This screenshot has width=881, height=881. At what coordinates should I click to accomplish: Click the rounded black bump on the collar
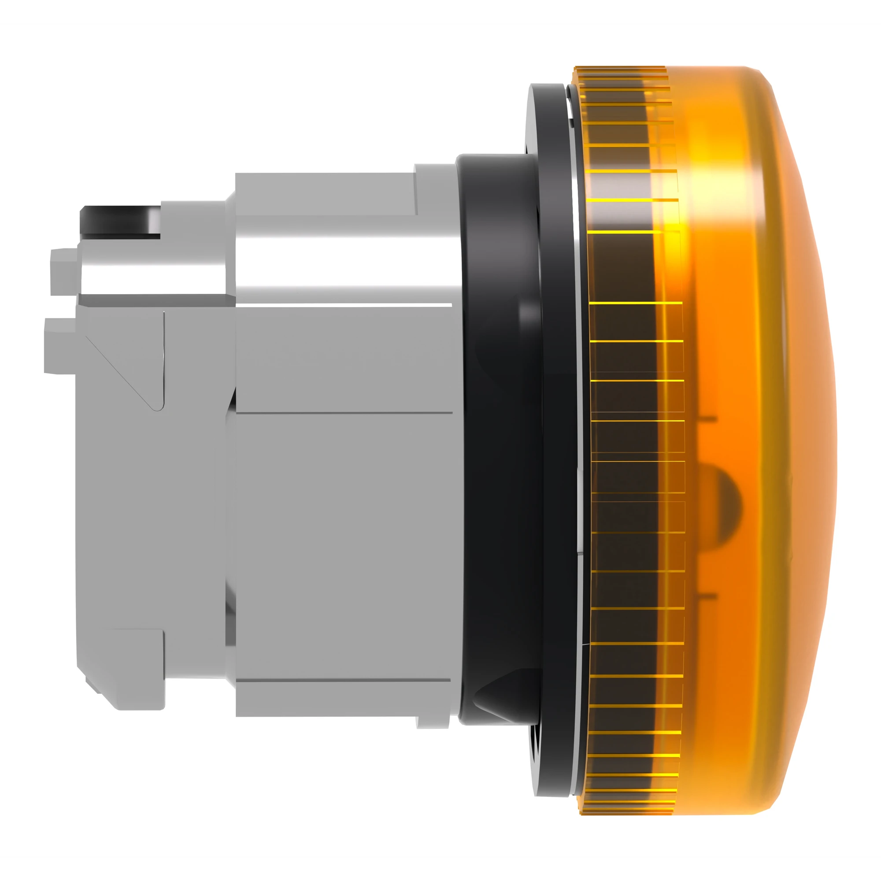point(529,315)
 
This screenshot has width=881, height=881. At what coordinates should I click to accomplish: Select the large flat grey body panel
point(342,547)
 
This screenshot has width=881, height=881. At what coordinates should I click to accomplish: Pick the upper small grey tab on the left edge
point(64,271)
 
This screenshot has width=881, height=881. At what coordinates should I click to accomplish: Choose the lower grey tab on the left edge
point(59,347)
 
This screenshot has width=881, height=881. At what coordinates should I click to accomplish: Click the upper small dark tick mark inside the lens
point(707,418)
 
